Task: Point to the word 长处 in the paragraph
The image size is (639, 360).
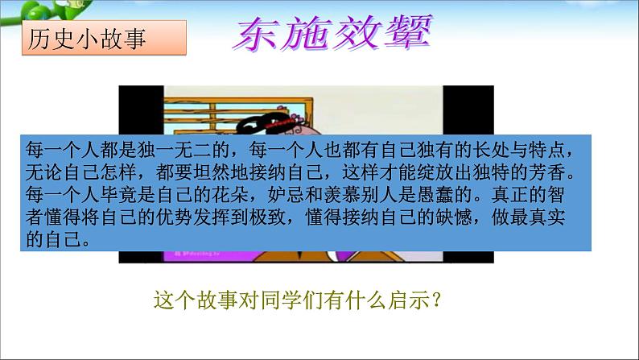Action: coord(491,150)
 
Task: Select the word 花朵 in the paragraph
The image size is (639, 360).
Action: coord(231,194)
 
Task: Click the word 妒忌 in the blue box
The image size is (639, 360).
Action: coord(286,194)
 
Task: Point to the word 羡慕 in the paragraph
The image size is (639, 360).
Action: coord(342,194)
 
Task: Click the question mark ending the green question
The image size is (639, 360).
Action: coord(436,301)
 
